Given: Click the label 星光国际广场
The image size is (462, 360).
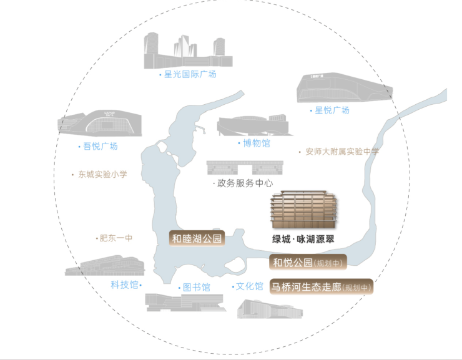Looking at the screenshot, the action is click(190, 74).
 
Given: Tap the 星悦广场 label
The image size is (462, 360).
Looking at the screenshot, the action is click(332, 110).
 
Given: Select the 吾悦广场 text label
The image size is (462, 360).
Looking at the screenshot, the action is click(101, 146).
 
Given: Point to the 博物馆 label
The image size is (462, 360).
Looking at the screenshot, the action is click(257, 143).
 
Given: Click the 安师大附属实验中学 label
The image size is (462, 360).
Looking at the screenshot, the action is click(342, 152).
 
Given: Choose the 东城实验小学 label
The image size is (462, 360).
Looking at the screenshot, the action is click(102, 174).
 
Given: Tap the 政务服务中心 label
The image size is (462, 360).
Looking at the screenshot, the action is click(245, 183).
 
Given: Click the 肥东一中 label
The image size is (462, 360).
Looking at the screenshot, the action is click(115, 238).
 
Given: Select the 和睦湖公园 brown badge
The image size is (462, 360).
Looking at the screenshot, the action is click(197, 238).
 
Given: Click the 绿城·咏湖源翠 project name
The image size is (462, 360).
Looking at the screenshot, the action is click(303, 239).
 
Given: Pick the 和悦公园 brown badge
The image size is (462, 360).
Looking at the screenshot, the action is click(308, 262).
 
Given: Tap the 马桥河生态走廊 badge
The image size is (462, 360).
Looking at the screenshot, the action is click(322, 286).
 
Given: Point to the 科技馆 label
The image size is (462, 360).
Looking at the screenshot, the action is click(124, 285).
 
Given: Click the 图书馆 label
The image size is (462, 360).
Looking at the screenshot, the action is click(197, 287).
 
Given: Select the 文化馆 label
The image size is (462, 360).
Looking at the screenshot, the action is click(250, 286).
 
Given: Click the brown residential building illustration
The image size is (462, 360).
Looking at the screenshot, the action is click(304, 209).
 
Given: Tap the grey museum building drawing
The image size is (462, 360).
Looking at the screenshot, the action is click(253, 125).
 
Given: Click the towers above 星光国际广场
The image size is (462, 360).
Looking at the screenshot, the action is click(188, 51).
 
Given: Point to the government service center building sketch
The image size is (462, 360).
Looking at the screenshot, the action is click(245, 167).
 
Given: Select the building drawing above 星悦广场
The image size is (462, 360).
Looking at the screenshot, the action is click(345, 87).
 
